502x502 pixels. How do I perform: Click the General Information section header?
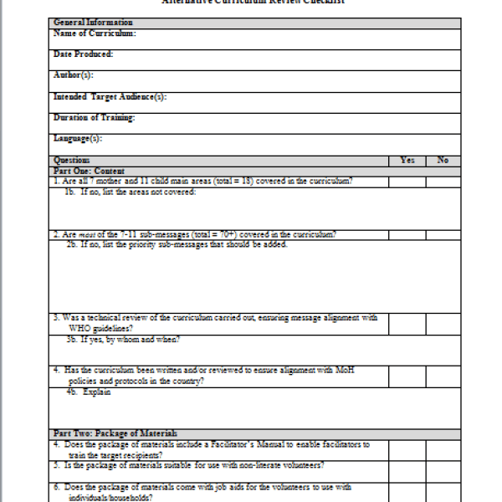point(92,23)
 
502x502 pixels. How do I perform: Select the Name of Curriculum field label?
point(95,33)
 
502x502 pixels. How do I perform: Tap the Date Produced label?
point(83,54)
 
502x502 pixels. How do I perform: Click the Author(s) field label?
point(73,75)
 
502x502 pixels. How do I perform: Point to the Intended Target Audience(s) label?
point(110,97)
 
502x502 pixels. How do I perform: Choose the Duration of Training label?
point(94,118)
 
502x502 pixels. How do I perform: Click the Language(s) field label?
point(78,139)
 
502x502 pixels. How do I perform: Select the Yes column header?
point(407,160)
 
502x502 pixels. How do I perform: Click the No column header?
point(443,160)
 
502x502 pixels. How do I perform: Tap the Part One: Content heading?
point(89,171)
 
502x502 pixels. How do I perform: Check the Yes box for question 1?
point(407,182)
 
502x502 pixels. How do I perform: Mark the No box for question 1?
point(443,182)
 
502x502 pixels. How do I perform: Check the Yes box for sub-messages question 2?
point(407,234)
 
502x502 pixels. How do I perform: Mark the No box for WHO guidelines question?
point(443,323)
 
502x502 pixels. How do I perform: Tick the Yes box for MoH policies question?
point(407,375)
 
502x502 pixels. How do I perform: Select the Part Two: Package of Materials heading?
point(115,433)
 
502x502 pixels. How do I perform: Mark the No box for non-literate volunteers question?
point(443,465)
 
